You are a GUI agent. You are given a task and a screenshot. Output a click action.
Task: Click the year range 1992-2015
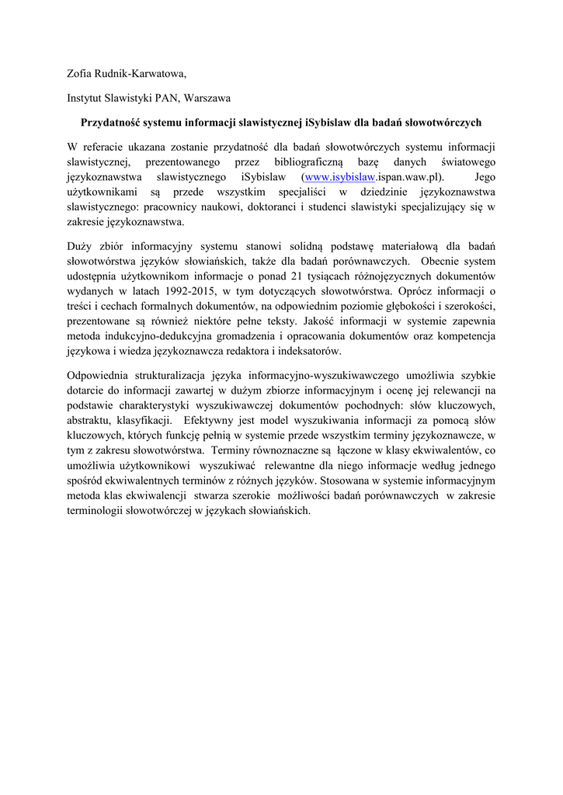coord(196,293)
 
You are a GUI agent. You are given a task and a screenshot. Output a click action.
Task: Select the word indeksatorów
coord(306,355)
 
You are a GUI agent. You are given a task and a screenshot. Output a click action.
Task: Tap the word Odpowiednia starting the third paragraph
coord(100,379)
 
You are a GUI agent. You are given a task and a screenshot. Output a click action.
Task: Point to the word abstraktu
coord(90,425)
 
